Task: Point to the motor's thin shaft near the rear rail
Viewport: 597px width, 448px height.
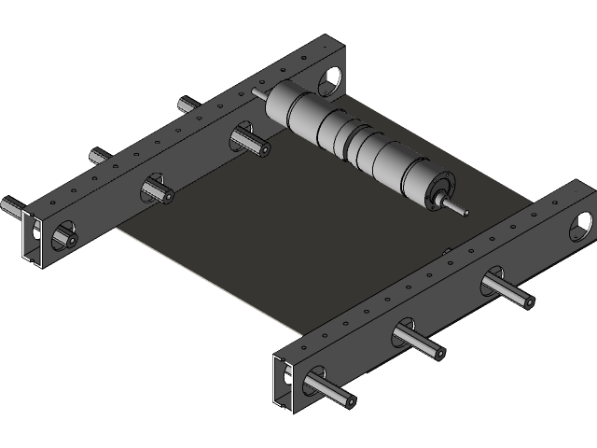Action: (x=258, y=93)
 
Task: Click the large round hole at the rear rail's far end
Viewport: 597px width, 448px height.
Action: (x=329, y=80)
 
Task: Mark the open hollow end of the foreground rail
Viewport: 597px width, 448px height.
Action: (x=285, y=384)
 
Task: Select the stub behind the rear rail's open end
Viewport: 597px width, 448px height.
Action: (x=11, y=205)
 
